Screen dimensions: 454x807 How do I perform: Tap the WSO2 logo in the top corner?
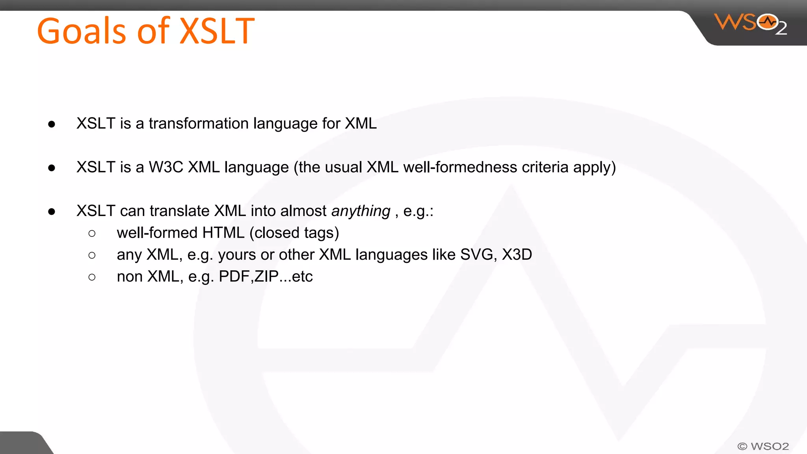coord(750,24)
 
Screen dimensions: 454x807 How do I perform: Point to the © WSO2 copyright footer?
coord(763,446)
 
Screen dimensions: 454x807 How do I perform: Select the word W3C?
coord(166,167)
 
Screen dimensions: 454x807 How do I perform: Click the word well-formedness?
coord(460,167)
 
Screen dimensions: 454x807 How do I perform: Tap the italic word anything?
coord(361,211)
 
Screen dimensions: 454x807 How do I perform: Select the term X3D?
coord(517,255)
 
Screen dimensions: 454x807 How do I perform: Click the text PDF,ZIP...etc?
coord(266,277)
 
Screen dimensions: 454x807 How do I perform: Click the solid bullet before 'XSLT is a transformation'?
coord(52,125)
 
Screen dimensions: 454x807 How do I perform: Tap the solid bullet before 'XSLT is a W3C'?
coord(52,168)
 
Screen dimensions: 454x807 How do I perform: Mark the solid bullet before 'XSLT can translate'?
coord(52,212)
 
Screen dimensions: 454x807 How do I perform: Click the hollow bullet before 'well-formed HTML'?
coord(92,234)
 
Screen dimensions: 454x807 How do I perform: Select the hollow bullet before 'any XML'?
coord(92,255)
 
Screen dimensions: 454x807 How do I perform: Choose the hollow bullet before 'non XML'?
coord(92,277)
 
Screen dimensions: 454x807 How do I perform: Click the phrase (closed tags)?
coord(294,233)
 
